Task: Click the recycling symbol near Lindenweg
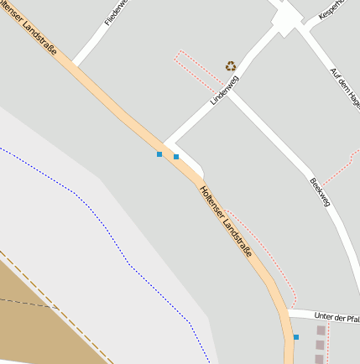230,65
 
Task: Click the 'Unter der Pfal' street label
336,316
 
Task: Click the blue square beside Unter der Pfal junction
295,337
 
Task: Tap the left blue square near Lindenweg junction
159,154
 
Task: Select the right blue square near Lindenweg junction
176,157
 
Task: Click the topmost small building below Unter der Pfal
321,331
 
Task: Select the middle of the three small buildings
321,345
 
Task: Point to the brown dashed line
59,310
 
